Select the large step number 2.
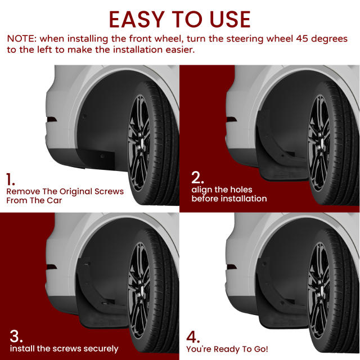(197, 177)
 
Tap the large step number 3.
(16, 336)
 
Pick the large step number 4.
(193, 337)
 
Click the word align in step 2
(202, 189)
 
